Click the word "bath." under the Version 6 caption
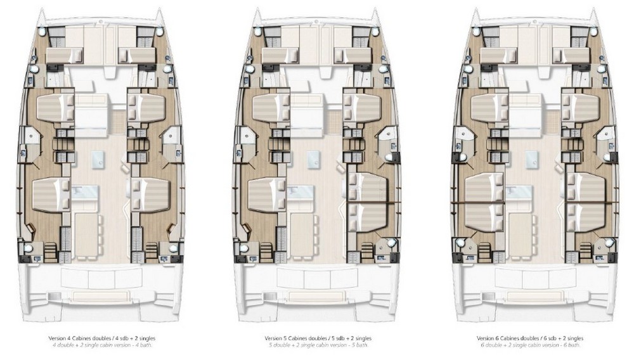pos(576,345)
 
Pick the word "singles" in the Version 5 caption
pos(363,338)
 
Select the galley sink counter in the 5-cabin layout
pos(301,192)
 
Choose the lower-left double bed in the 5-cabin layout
pos(268,195)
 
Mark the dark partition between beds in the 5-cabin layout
pos(373,201)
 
